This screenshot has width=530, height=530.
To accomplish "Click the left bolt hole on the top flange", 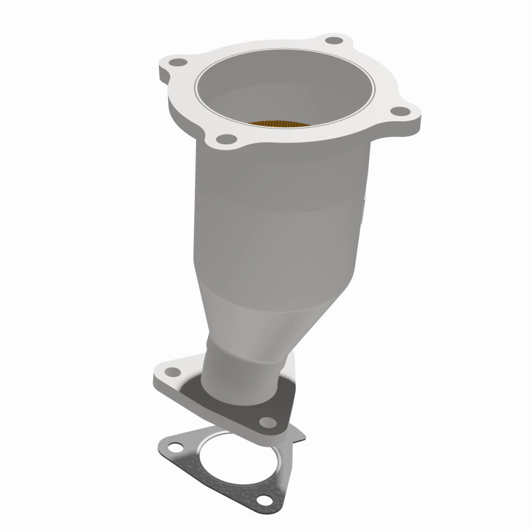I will pyautogui.click(x=176, y=64).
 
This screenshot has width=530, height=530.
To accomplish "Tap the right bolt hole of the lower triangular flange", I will pyautogui.click(x=267, y=421).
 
